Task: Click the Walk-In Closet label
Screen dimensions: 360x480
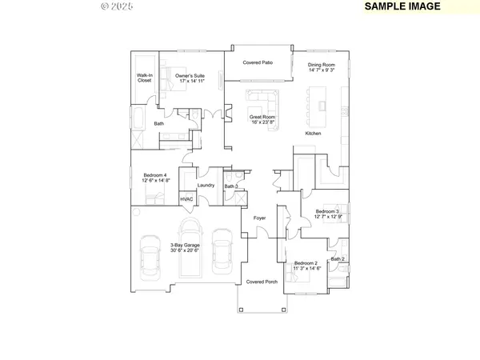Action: tap(144, 78)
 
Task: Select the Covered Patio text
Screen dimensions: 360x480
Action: tap(259, 62)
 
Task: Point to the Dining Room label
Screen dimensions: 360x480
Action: tap(318, 67)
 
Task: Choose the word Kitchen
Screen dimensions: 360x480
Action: tap(312, 134)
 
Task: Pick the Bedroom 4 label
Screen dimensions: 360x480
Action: tap(154, 175)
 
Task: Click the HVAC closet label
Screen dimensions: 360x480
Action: tap(186, 199)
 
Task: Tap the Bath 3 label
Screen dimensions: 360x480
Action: tap(230, 186)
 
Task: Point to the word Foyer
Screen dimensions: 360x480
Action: tap(260, 218)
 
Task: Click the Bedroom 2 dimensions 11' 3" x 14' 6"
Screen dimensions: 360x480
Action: tap(306, 268)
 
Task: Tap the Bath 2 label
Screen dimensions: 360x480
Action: tap(338, 259)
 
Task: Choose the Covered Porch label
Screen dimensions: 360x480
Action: tap(261, 282)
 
